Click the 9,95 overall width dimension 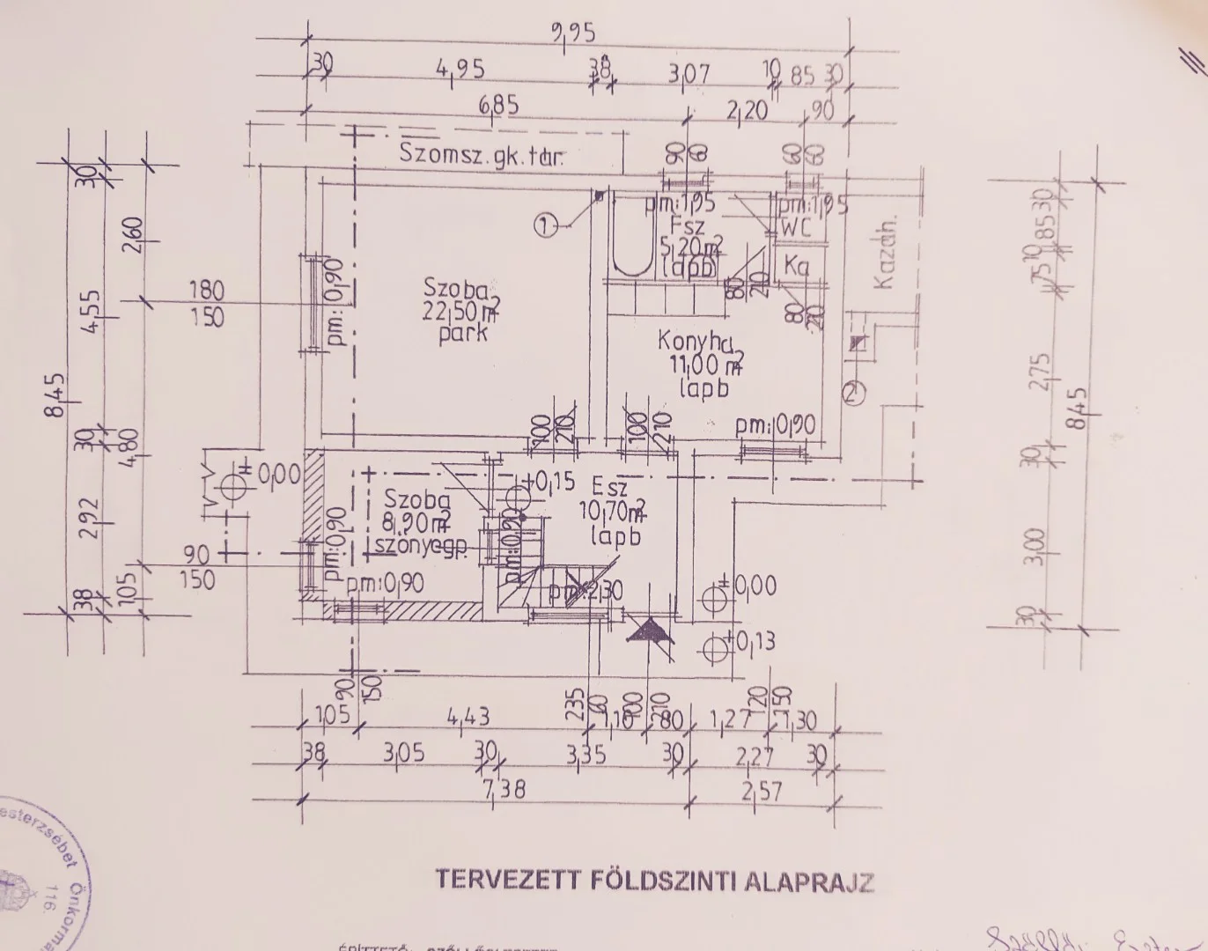coord(573,34)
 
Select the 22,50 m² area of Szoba coord(461,312)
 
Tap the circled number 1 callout coord(546,226)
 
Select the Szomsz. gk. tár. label coord(481,156)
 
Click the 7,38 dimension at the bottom coord(502,788)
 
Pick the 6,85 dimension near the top coord(499,107)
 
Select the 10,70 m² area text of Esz coord(613,512)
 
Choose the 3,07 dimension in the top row coord(689,74)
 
